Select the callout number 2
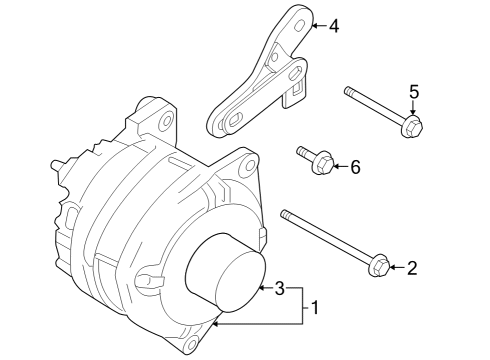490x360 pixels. click(x=412, y=267)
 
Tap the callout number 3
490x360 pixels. click(x=281, y=289)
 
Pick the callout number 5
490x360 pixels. click(x=413, y=93)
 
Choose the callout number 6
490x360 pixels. click(x=353, y=167)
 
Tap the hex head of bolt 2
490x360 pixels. click(x=379, y=266)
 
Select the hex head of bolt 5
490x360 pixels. click(x=413, y=127)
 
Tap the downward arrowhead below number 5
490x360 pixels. click(x=413, y=115)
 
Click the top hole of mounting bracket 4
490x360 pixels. click(x=299, y=18)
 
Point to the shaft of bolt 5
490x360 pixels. click(x=375, y=107)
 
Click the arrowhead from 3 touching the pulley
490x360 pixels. click(x=262, y=289)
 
